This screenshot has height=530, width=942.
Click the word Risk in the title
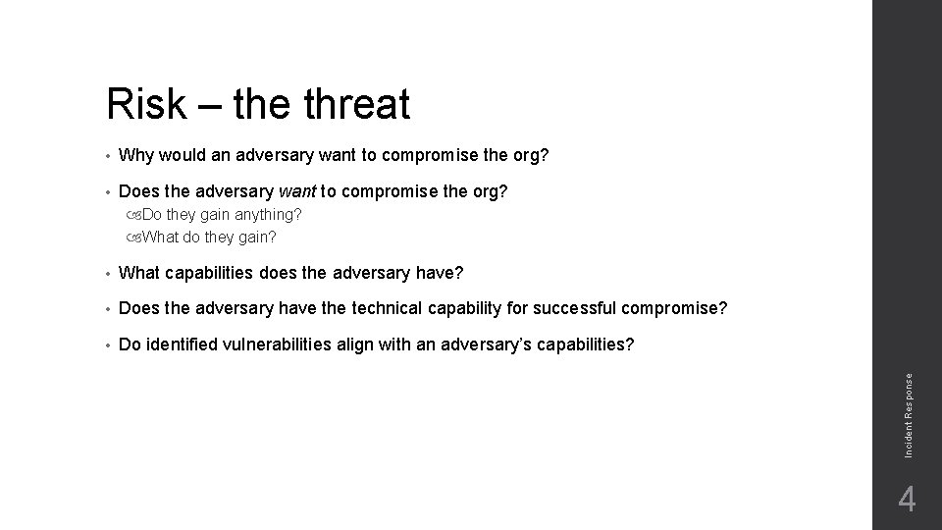pos(146,104)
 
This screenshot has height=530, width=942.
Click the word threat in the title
pos(357,104)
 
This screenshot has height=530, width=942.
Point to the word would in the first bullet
pos(181,155)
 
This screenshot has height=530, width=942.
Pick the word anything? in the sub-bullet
pos(266,214)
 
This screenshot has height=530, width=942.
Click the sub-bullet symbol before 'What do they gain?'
pos(134,237)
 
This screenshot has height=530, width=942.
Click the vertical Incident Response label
pos(909,411)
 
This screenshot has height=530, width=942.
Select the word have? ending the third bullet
pos(440,272)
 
